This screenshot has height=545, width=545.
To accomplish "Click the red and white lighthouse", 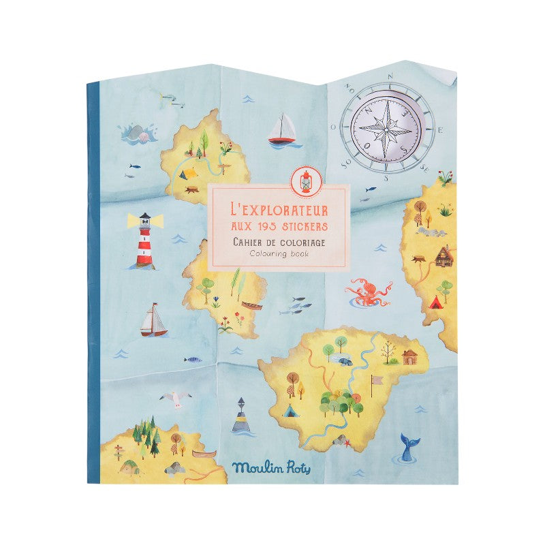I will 144,240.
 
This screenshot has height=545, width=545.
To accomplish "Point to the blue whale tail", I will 409,448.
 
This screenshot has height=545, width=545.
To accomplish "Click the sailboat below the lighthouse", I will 153,322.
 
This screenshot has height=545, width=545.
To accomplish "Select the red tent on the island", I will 433,300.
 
